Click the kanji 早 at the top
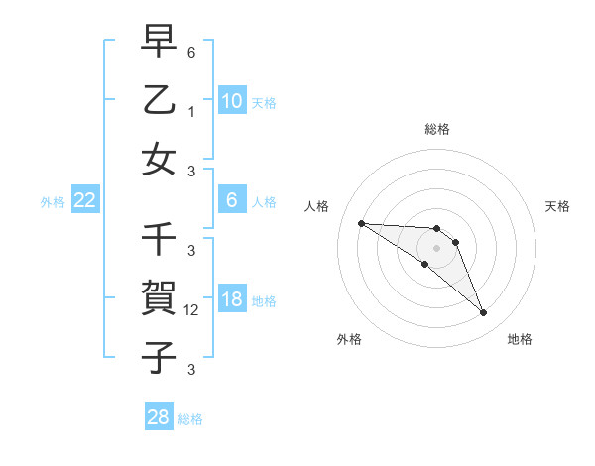pos(159,42)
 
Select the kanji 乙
pos(159,100)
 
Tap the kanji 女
pos(159,160)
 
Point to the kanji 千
pos(159,238)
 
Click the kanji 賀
pos(159,297)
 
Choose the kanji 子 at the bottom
pos(159,355)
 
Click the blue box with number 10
pos(231,101)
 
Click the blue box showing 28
pos(159,417)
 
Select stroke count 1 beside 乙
pos(191,112)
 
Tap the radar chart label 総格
pos(436,129)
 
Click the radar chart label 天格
pos(557,206)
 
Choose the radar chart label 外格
pos(349,339)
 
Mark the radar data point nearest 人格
pos(361,223)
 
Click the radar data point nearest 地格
pos(484,313)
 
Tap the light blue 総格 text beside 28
pos(190,419)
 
